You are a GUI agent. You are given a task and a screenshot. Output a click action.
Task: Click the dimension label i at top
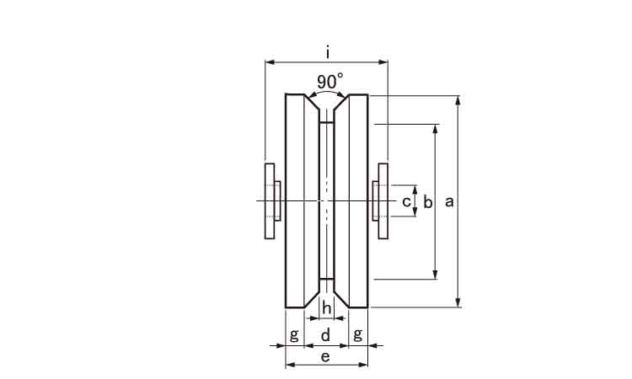pyautogui.click(x=328, y=52)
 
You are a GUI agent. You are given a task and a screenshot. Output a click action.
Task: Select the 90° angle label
pyautogui.click(x=330, y=82)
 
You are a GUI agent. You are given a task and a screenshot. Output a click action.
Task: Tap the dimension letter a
pyautogui.click(x=449, y=201)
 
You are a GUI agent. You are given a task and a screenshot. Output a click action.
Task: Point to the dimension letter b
pyautogui.click(x=427, y=202)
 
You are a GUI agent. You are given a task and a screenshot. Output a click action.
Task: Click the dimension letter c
pyautogui.click(x=406, y=201)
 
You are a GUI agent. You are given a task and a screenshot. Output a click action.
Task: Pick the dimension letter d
pyautogui.click(x=325, y=334)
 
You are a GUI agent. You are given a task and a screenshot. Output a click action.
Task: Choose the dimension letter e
pyautogui.click(x=325, y=356)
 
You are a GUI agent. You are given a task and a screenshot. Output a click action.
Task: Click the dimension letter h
pyautogui.click(x=327, y=308)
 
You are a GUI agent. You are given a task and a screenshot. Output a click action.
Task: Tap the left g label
pyautogui.click(x=295, y=334)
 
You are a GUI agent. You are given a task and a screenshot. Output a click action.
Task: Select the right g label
pyautogui.click(x=357, y=334)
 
